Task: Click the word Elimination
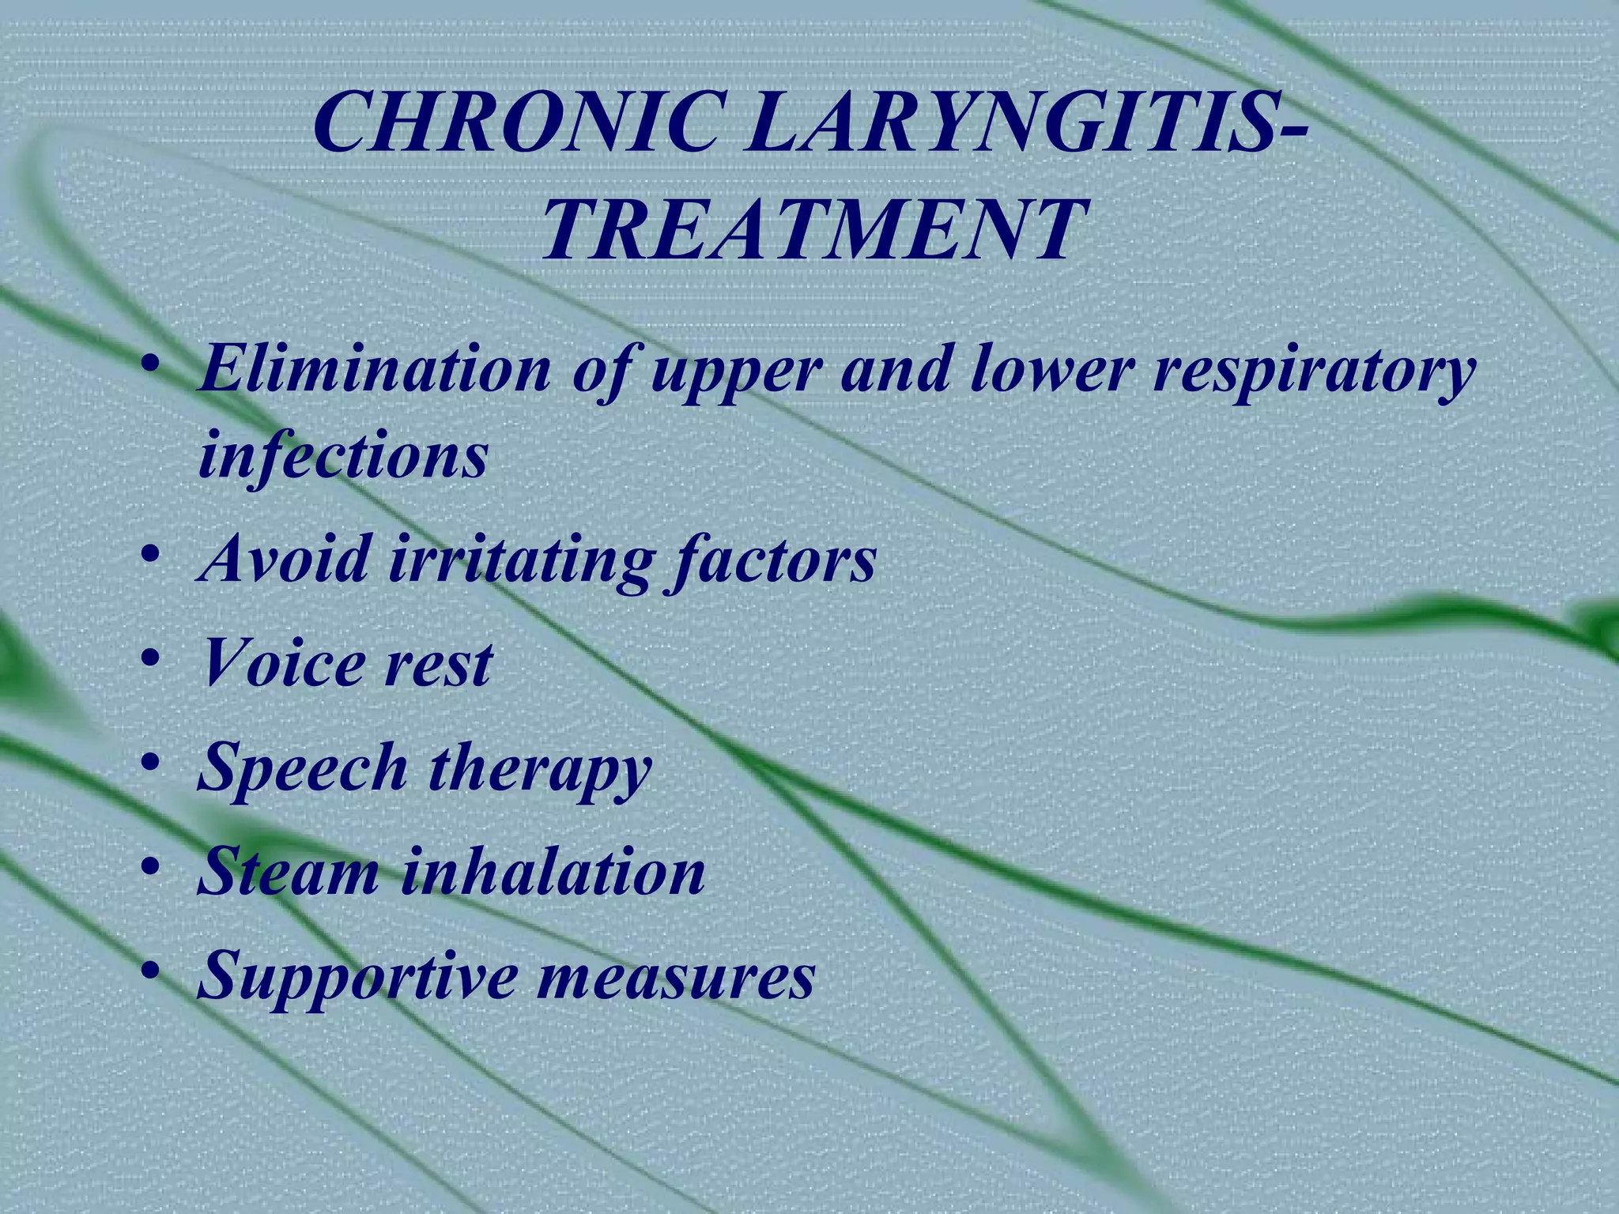tap(376, 369)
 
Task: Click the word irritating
tap(522, 559)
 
